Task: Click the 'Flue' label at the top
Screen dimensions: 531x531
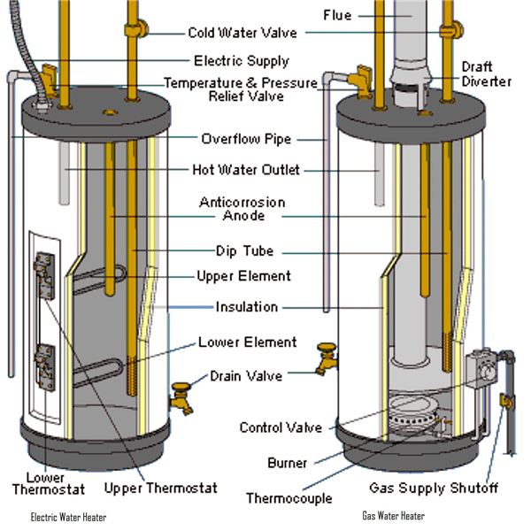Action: click(337, 15)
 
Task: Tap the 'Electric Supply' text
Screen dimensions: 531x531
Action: click(241, 61)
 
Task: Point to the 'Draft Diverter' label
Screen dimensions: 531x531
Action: click(486, 73)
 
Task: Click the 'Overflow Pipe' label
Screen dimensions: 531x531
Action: click(245, 139)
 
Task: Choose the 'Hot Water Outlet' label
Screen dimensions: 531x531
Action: click(245, 170)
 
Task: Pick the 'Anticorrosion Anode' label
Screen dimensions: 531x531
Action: click(243, 209)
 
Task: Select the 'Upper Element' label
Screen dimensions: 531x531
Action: click(243, 276)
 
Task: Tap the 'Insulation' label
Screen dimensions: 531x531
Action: click(247, 307)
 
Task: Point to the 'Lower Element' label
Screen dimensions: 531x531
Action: click(247, 342)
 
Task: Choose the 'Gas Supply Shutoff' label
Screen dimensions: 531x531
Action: click(434, 488)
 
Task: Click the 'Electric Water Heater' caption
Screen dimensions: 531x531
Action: click(68, 518)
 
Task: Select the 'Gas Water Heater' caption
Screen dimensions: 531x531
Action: click(393, 516)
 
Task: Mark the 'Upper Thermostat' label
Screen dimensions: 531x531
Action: click(160, 488)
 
